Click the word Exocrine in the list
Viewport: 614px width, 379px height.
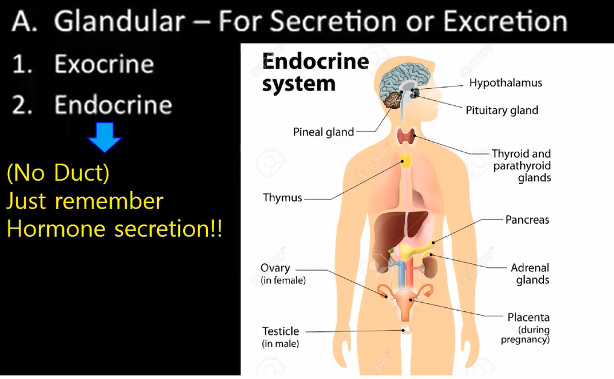tap(104, 64)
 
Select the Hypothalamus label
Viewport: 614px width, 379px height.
tap(505, 83)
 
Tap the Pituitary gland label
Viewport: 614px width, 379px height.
tap(502, 110)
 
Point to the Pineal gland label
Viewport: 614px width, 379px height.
tap(323, 132)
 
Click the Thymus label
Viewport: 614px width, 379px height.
tap(282, 198)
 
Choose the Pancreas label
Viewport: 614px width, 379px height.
tap(527, 219)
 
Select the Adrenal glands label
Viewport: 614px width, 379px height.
tap(530, 273)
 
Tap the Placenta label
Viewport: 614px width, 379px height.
tap(528, 317)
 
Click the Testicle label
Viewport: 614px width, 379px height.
tap(280, 331)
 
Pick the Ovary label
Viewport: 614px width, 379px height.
tap(276, 268)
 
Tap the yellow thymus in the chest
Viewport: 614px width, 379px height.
tap(406, 161)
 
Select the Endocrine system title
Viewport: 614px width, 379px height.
tap(315, 73)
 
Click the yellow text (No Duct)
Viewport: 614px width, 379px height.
tap(58, 173)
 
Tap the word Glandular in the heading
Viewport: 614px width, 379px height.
tap(119, 23)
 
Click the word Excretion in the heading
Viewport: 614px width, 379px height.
tap(505, 23)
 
